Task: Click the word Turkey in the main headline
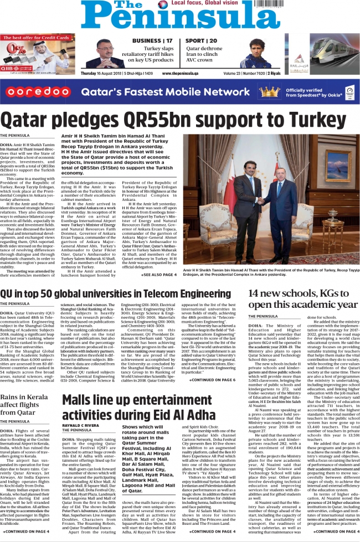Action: coord(322,120)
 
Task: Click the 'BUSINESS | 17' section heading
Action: coord(152,41)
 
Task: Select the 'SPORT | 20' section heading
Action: coord(201,41)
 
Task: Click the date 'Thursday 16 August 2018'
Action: coord(103,73)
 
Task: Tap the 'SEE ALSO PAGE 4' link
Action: coord(160,275)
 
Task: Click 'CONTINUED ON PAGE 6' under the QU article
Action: coord(213,364)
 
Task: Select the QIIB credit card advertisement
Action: coord(36,54)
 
